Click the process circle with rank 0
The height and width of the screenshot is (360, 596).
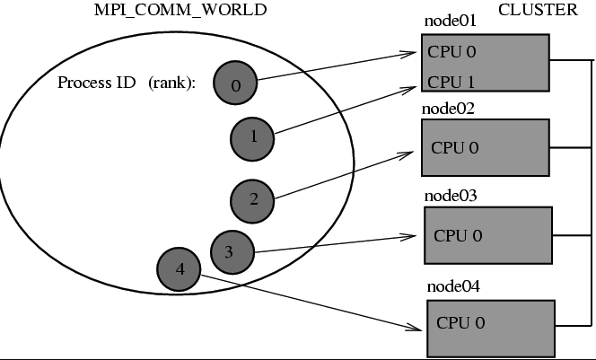pyautogui.click(x=235, y=84)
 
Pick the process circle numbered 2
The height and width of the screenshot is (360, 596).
pyautogui.click(x=252, y=199)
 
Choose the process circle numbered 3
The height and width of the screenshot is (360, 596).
pyautogui.click(x=230, y=252)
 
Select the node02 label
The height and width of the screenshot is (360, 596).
pyautogui.click(x=448, y=109)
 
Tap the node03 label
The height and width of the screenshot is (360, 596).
pyautogui.click(x=451, y=195)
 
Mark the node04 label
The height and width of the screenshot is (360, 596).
pyautogui.click(x=452, y=287)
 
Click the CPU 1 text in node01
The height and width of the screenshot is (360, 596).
pyautogui.click(x=451, y=83)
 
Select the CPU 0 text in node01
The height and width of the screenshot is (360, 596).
pyautogui.click(x=451, y=51)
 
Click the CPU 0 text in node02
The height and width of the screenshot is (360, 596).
pyautogui.click(x=454, y=147)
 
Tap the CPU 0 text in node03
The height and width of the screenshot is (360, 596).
pyautogui.click(x=458, y=235)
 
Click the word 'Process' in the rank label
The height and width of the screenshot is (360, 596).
pyautogui.click(x=82, y=83)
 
